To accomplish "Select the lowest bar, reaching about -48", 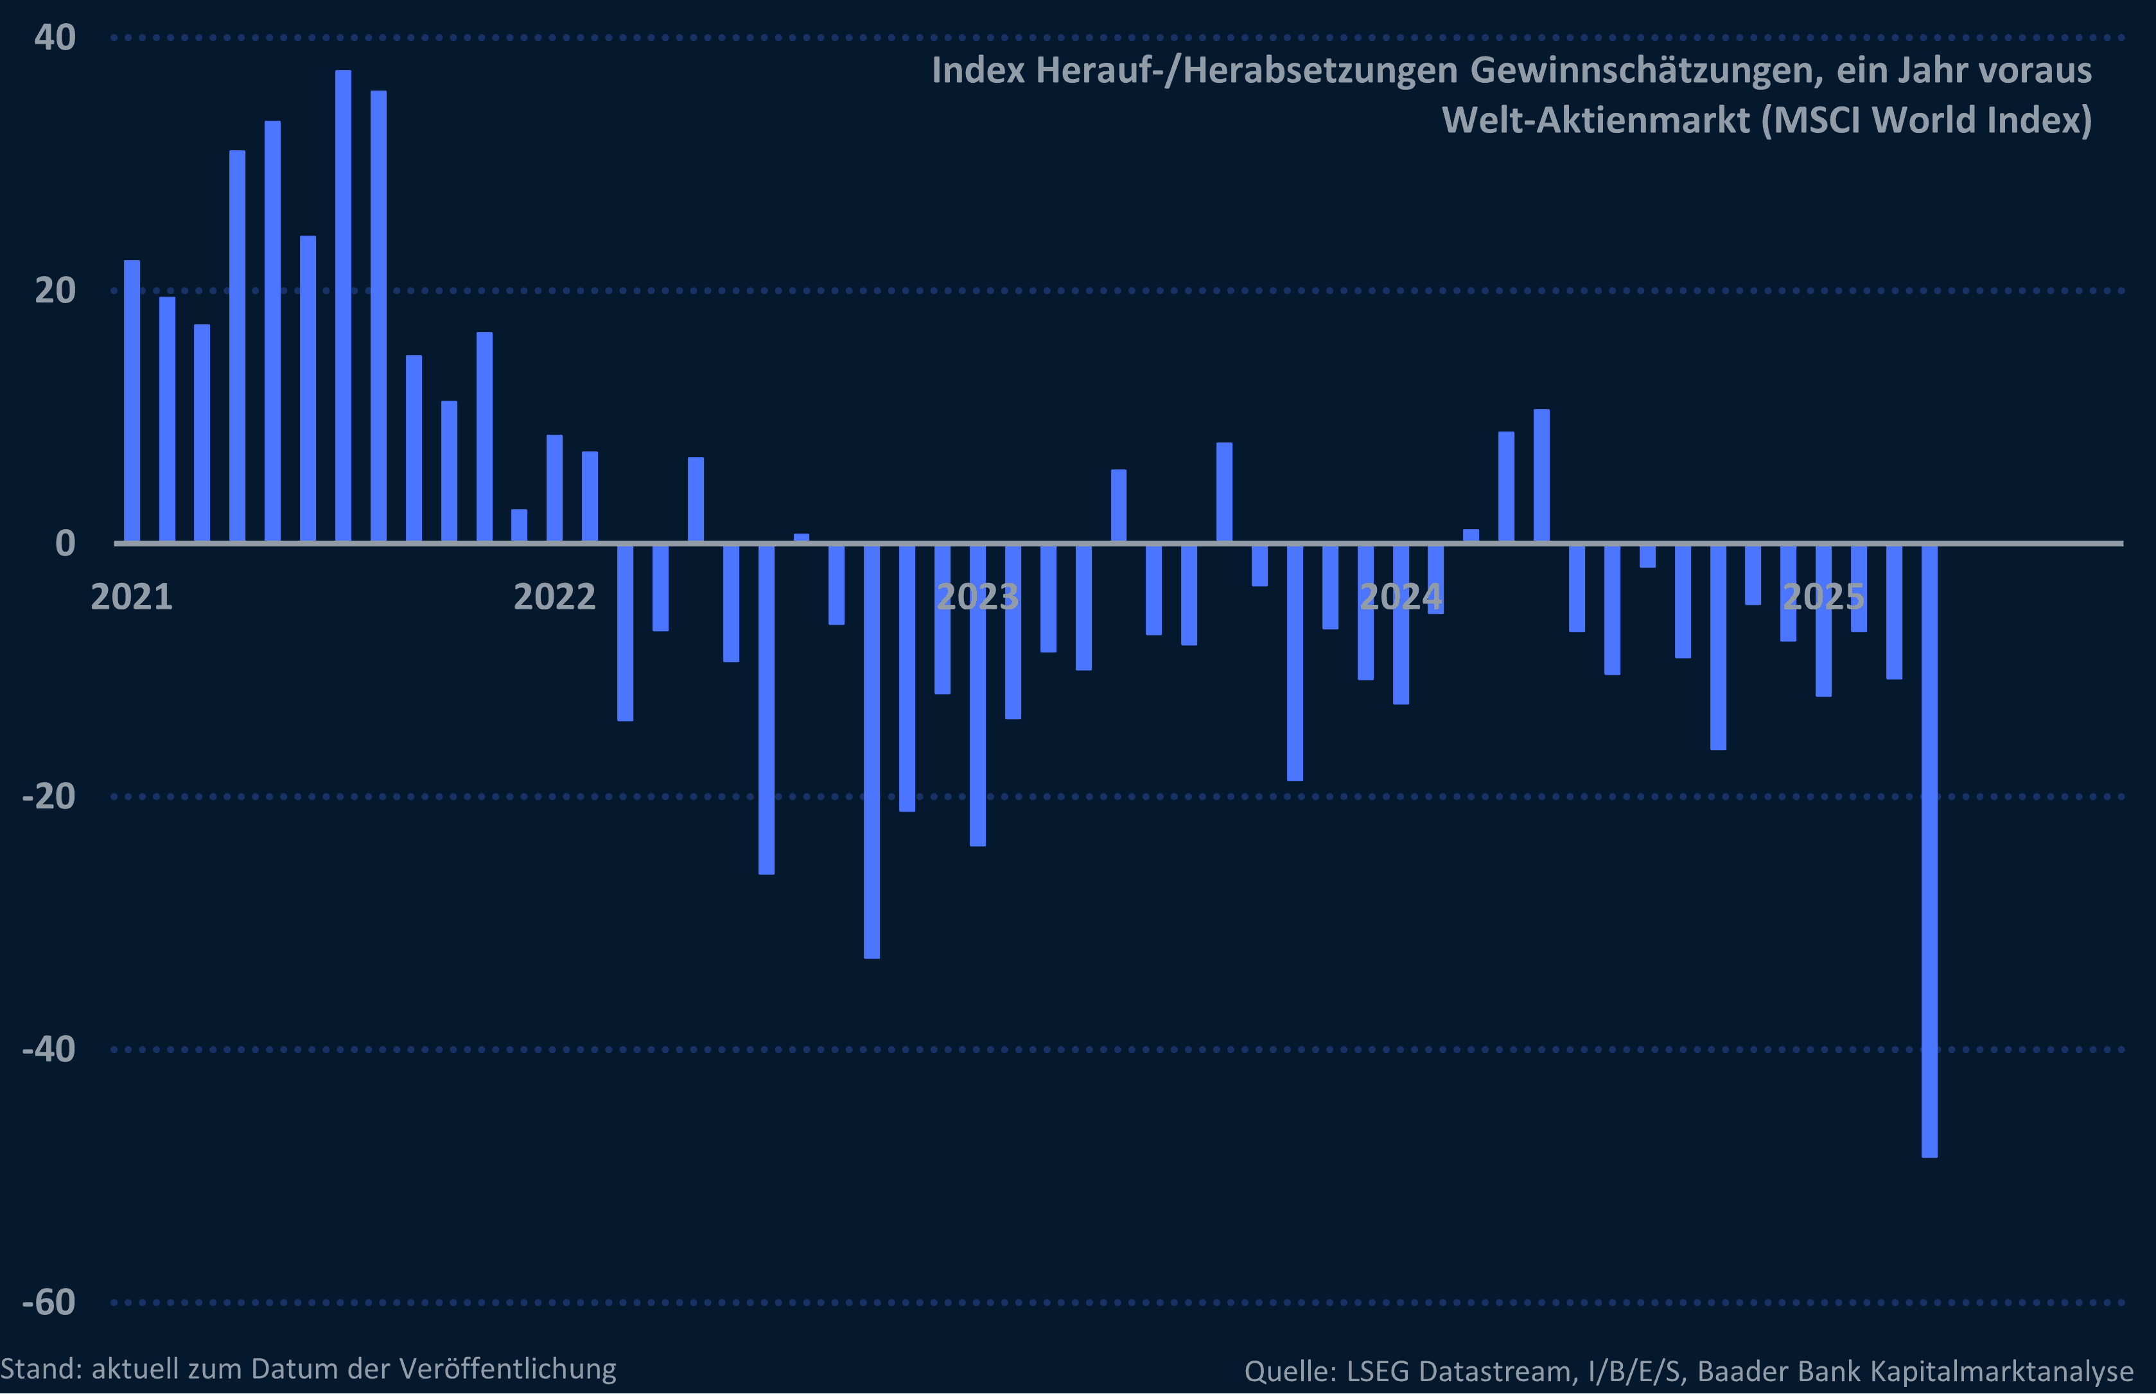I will [1929, 851].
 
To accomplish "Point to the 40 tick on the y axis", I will [55, 37].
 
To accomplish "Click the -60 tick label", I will [49, 1303].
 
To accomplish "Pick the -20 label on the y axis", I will [49, 797].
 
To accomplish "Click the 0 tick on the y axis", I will [65, 543].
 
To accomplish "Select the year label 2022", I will [554, 597].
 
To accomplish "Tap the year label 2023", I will [977, 597].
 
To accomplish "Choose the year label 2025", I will [1823, 597].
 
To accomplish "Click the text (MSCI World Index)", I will [1926, 119].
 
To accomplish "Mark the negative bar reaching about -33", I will [872, 751].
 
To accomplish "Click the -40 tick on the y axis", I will [49, 1049].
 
